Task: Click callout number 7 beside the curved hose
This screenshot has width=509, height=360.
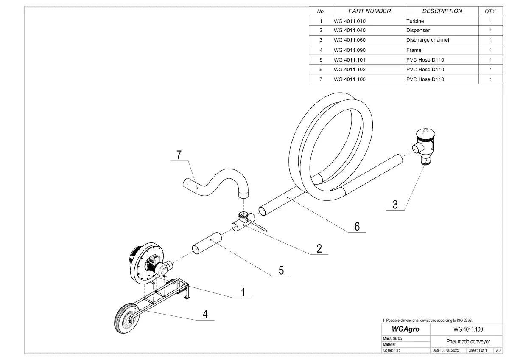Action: point(179,155)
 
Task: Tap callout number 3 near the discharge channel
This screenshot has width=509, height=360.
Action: point(395,205)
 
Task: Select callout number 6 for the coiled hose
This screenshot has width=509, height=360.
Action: point(357,227)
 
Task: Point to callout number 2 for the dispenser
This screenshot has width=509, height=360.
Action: point(319,249)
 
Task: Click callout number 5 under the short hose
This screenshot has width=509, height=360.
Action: point(281,270)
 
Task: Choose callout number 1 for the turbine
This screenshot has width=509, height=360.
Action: point(243,292)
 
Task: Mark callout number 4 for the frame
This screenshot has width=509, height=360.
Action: point(205,314)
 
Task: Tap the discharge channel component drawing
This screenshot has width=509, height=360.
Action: point(424,146)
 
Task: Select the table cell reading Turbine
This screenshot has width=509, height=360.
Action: point(415,21)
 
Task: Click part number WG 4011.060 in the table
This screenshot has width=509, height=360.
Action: point(350,40)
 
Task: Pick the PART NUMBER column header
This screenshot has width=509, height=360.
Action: point(369,11)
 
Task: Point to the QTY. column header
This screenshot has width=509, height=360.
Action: point(490,11)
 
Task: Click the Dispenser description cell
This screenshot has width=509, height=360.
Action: point(418,31)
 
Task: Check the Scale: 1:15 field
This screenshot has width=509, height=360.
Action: point(392,350)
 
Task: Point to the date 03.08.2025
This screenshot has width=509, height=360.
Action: point(448,350)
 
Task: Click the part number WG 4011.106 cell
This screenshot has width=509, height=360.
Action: point(350,79)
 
